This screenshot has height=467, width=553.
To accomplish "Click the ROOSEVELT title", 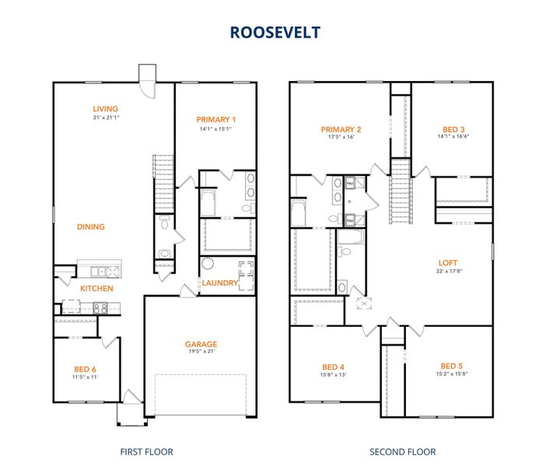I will [x=276, y=33].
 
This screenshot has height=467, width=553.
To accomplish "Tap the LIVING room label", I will [x=105, y=109].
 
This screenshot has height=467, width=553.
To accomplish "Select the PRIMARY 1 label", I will [x=217, y=119].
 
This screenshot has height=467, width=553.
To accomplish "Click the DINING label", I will [x=91, y=227].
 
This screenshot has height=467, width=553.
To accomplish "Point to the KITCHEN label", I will [x=97, y=289].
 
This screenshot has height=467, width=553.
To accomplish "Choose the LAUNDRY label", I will [x=219, y=283].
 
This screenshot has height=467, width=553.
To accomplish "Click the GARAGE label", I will [x=201, y=344].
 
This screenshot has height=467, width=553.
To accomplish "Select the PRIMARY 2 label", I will [x=341, y=129].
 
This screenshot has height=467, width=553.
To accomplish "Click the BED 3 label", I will [x=452, y=129].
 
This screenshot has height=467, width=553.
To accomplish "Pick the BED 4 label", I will [x=334, y=367].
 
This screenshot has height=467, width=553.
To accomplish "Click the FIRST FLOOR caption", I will [x=146, y=451].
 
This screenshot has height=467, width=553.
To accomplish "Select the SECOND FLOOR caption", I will [x=402, y=451].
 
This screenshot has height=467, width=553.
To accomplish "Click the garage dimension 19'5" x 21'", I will [x=201, y=353].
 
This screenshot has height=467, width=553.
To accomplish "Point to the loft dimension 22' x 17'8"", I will [x=449, y=271].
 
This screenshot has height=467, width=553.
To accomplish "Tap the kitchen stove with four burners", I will [x=100, y=307].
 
